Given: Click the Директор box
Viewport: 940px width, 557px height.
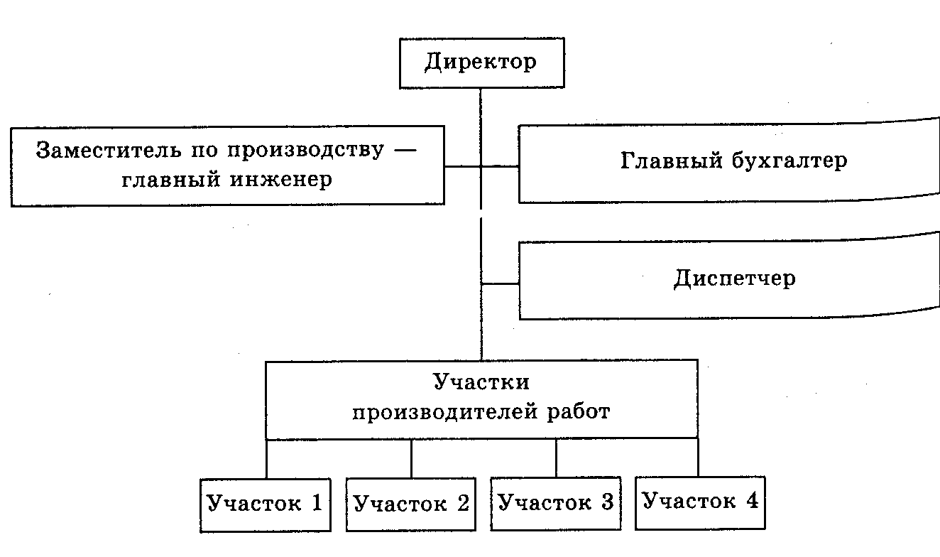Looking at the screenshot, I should coord(481,63).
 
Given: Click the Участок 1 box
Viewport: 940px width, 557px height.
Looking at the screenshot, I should coord(265,504).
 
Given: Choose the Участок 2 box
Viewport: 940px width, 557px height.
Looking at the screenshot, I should coord(411,504).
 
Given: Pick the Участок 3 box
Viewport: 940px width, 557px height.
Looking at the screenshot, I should coord(556,503).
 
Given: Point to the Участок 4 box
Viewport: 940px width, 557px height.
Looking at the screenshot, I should coord(700,502).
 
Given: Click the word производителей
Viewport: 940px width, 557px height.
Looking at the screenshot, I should coord(442,412).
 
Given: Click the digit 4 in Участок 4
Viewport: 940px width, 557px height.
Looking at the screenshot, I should coord(752,501).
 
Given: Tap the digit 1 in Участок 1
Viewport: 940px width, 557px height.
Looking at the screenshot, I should coord(317,503).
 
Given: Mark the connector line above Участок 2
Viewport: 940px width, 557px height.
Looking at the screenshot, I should coord(411,458).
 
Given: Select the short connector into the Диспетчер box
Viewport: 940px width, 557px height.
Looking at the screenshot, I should coord(501,283).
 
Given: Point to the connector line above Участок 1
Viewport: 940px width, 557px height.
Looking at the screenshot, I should coord(266,458).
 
